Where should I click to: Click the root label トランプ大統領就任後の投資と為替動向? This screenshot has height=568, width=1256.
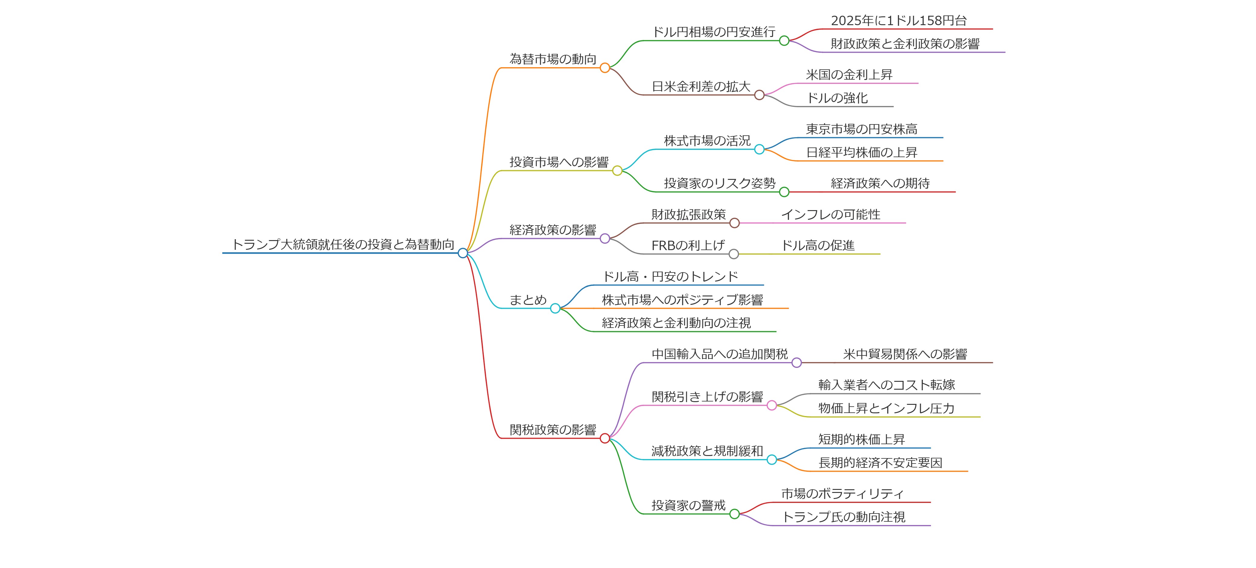[343, 244]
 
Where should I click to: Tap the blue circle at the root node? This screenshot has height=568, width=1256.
[463, 253]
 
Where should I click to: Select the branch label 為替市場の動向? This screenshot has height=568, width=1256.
[553, 59]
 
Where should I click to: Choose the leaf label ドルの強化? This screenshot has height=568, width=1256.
[837, 98]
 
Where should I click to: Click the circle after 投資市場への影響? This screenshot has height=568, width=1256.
[617, 171]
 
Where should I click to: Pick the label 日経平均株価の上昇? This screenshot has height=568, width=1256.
[862, 152]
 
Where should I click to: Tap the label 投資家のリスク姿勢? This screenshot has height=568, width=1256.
[719, 183]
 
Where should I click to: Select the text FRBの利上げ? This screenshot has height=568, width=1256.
[688, 245]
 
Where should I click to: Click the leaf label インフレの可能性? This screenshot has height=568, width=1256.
[831, 215]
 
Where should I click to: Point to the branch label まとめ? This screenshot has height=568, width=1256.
[528, 300]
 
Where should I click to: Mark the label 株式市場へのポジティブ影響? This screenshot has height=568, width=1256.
[682, 300]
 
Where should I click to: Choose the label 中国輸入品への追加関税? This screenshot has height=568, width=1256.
[720, 354]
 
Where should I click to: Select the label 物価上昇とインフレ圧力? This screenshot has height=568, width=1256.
[886, 408]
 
